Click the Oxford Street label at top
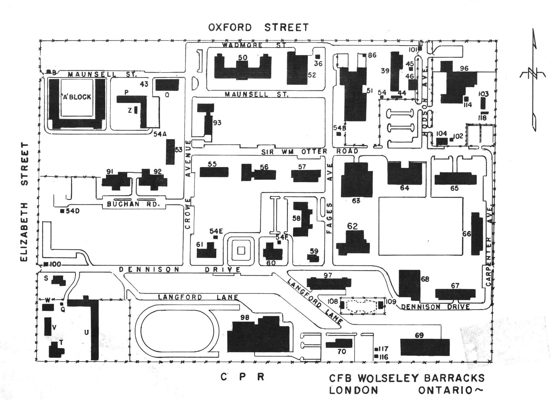coord(259,27)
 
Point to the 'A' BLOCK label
coord(77,97)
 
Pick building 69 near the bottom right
coord(425,347)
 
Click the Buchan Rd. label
coord(133,204)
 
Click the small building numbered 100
coord(46,264)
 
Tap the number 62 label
coord(352,226)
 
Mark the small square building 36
coord(318,57)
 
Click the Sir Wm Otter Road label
coord(309,151)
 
